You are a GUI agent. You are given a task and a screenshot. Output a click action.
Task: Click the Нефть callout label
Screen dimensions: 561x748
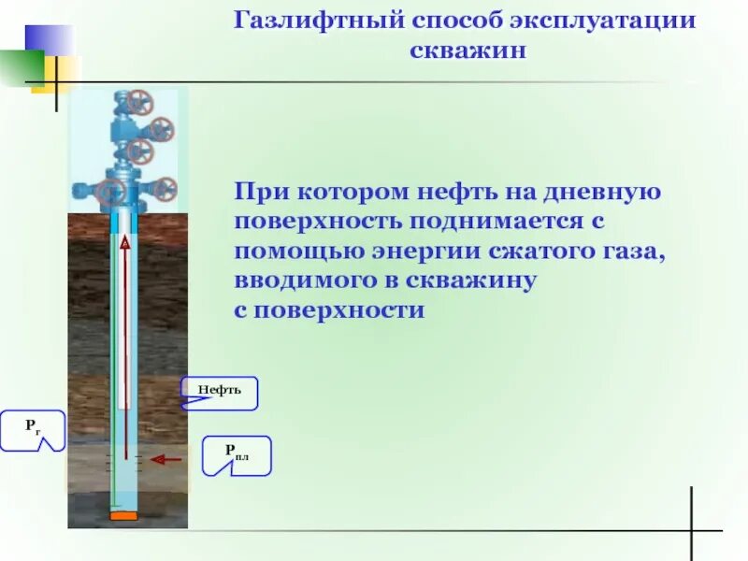pyautogui.click(x=220, y=391)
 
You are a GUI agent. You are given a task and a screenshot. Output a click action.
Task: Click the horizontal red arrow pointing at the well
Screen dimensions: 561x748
pyautogui.click(x=166, y=459)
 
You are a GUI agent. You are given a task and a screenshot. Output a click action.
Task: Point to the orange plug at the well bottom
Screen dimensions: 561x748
pyautogui.click(x=123, y=516)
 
